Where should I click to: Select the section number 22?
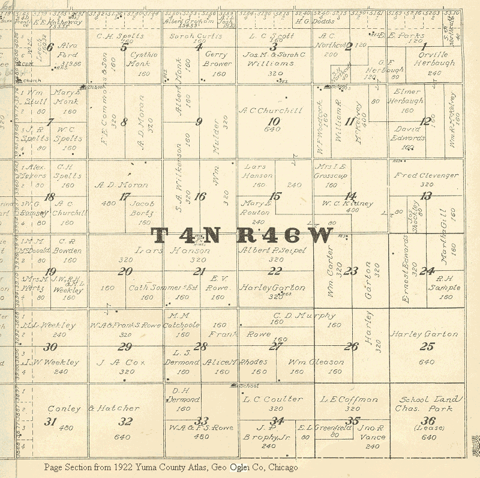click(274, 271)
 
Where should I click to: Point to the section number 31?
click(50, 422)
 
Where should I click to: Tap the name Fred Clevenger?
click(426, 175)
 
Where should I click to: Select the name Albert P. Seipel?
click(272, 250)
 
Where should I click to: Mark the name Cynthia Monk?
click(143, 58)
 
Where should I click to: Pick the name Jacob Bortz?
click(143, 208)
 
